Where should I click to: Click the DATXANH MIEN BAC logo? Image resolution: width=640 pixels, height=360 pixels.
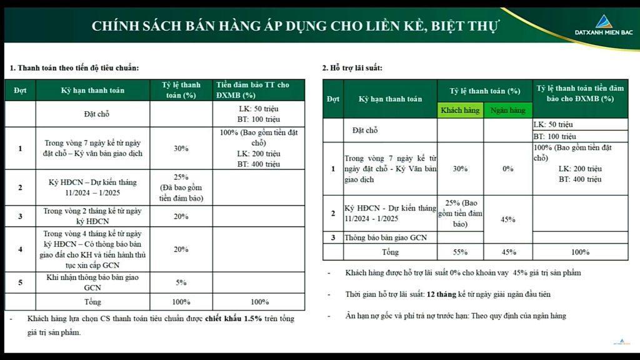603,26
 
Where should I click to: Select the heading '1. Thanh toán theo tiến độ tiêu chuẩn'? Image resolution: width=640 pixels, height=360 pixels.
74,67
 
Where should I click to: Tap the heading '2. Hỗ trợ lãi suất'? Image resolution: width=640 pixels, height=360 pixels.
352,67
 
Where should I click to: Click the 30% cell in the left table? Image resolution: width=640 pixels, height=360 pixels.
181,149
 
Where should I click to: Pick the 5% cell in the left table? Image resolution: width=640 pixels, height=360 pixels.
181,282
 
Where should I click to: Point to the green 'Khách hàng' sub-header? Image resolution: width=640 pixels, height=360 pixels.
460,110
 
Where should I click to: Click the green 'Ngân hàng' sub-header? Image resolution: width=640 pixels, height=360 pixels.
507,110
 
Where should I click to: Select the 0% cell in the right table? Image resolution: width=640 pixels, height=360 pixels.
507,169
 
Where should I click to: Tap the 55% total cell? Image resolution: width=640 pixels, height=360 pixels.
460,252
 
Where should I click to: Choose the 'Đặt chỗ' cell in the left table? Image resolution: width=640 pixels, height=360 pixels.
97,114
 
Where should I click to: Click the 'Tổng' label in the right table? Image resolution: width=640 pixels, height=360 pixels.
390,252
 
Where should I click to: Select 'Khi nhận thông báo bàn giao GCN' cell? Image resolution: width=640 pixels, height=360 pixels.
93,282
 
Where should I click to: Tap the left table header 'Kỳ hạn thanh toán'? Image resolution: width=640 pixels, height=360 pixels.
92,90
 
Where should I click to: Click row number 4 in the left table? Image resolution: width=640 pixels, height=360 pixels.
20,249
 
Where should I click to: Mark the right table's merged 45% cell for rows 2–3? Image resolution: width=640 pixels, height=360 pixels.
507,219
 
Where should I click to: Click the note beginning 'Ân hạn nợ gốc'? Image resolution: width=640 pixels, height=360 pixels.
455,316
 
